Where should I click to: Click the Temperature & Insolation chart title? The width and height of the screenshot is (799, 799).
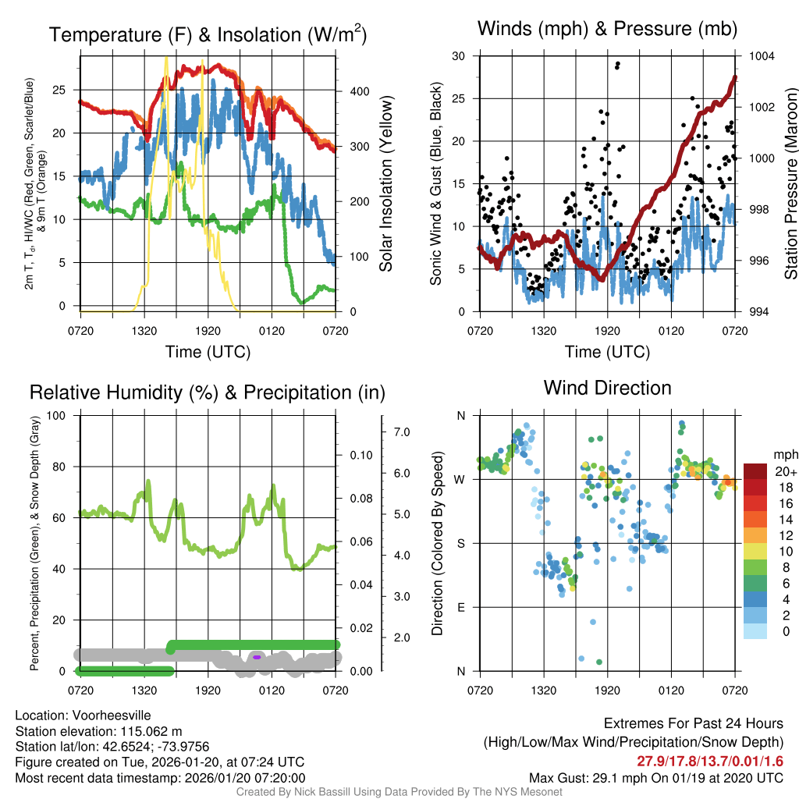pos(208,35)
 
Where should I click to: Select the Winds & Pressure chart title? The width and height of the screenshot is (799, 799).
pos(607,30)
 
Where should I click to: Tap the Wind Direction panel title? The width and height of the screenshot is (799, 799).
pos(607,388)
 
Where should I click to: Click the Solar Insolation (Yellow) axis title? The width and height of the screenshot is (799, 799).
pos(386,184)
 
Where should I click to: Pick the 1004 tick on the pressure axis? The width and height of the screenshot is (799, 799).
pos(761,56)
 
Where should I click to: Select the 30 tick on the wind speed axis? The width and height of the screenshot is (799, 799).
pos(459,56)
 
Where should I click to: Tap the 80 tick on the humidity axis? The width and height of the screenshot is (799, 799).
pos(56,467)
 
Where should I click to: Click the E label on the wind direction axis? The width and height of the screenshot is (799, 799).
pos(461,607)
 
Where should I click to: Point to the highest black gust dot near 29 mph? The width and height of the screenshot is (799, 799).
pos(618,64)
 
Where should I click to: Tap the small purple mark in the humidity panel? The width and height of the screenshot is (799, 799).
pos(257,657)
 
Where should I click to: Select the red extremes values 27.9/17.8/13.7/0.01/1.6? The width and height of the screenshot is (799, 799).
pos(710,762)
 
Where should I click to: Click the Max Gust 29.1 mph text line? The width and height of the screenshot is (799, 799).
pos(655,778)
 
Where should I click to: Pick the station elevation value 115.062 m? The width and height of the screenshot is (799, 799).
pos(148,731)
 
